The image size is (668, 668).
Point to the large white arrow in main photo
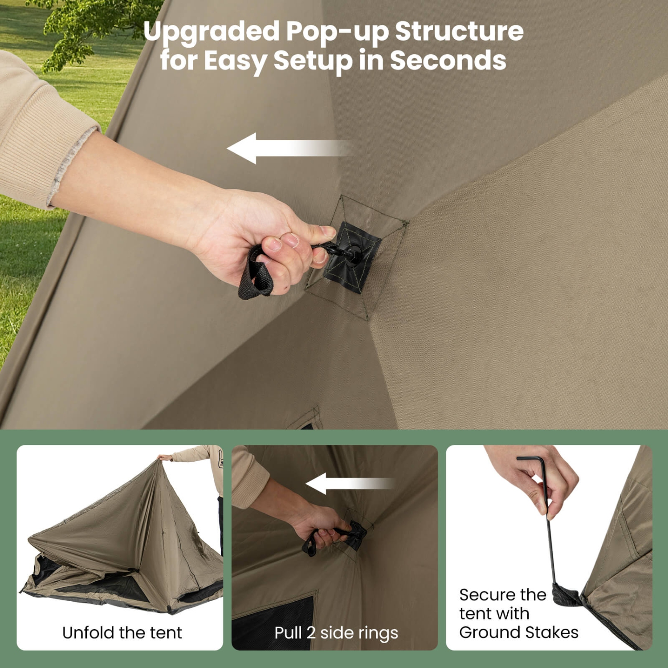[x=285, y=148]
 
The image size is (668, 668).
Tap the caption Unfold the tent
[x=122, y=632]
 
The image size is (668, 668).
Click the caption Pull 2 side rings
[x=336, y=633]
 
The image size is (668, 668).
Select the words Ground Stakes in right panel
[x=519, y=632]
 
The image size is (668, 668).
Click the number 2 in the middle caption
[x=311, y=633]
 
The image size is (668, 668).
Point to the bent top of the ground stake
[x=532, y=459]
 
